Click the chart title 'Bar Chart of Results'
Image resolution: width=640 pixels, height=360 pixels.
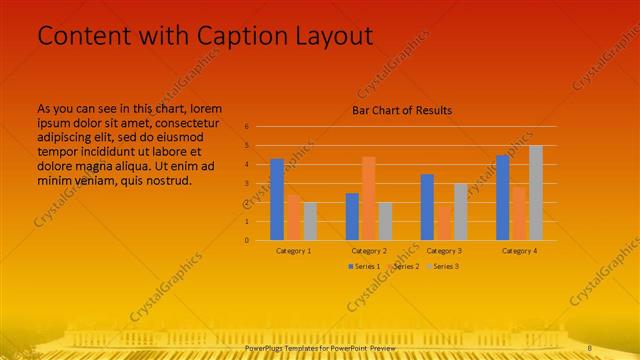pos(402,110)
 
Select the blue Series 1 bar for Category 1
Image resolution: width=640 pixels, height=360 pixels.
pos(277,199)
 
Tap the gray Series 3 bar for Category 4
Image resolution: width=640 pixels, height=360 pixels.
pos(536,192)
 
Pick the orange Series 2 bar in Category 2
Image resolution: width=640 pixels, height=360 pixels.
pos(368,198)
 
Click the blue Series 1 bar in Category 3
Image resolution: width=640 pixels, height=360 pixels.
pos(427,207)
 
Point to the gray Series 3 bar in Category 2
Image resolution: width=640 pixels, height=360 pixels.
pos(385,221)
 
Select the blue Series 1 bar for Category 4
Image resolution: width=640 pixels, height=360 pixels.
pos(502,197)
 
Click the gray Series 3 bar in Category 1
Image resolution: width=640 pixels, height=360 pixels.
pos(310,221)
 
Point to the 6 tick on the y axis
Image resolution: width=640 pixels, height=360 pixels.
pos(247,127)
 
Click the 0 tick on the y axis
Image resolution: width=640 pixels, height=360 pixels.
pos(247,240)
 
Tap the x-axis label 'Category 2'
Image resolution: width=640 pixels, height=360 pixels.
pos(369,251)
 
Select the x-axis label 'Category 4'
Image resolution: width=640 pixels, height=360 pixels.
pos(519,251)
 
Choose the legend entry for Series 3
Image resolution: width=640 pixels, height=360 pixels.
pos(442,267)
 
